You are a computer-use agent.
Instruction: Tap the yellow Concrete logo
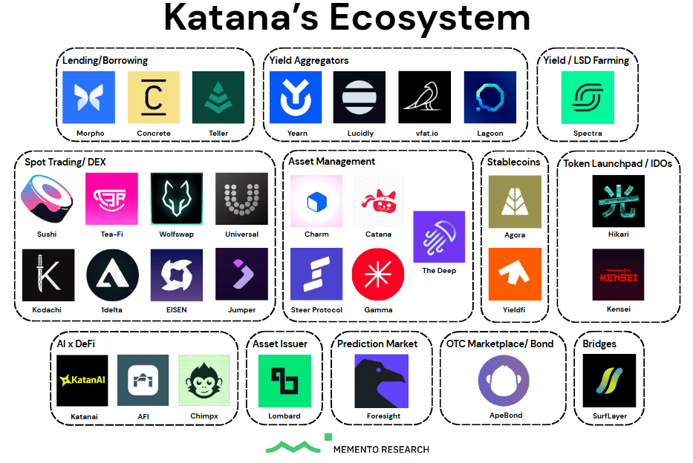[x=154, y=97]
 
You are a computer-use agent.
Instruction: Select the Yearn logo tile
[x=295, y=97]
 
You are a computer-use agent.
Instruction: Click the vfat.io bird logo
[x=424, y=97]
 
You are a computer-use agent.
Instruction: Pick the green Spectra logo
[x=588, y=97]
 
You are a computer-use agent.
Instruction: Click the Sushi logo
[x=47, y=198]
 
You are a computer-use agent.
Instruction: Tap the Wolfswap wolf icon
[x=176, y=198]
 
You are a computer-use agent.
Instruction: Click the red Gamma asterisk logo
[x=378, y=274]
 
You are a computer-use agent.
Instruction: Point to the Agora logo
[x=515, y=201]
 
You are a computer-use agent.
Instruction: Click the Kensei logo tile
[x=618, y=274]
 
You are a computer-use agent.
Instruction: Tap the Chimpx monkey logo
[x=204, y=380]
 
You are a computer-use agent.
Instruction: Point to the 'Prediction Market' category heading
[x=377, y=344]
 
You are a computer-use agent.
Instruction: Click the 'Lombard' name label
[x=284, y=416]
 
